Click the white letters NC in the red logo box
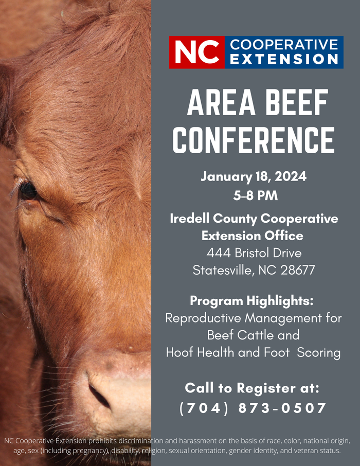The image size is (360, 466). tap(196, 52)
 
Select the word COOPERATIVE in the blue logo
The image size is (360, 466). tap(284, 45)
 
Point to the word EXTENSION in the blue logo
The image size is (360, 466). tap(284, 60)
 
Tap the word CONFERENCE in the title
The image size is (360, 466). tap(254, 138)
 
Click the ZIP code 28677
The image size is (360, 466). tap(298, 270)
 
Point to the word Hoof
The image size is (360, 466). tap(179, 352)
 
